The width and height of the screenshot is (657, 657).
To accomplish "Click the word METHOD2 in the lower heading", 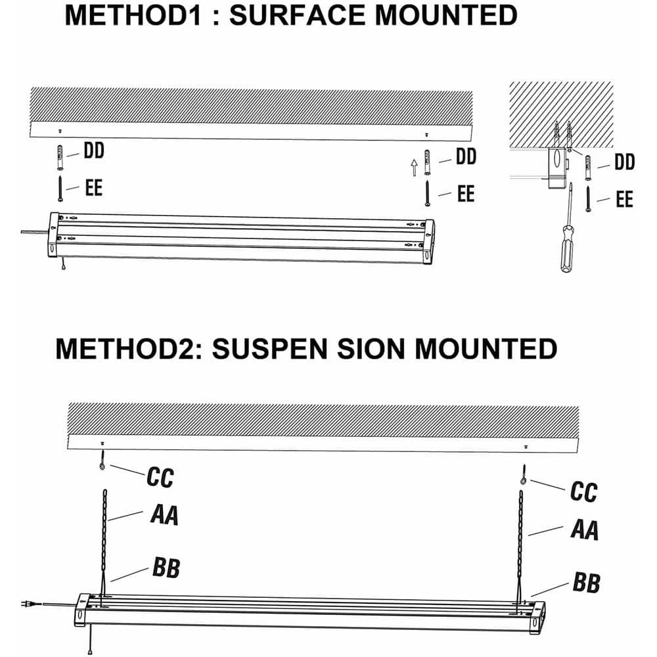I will click(x=127, y=348).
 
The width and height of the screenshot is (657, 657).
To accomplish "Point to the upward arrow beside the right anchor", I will click(x=414, y=167).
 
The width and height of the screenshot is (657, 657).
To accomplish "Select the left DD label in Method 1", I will click(x=94, y=152).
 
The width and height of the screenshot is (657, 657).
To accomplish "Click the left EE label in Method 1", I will click(x=94, y=188).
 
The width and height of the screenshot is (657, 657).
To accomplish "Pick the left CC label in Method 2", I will click(x=160, y=478).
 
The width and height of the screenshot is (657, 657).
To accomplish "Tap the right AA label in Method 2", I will click(x=584, y=529).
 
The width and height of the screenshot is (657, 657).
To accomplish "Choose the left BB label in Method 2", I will click(x=166, y=568).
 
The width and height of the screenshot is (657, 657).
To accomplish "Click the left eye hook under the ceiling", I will click(x=103, y=464).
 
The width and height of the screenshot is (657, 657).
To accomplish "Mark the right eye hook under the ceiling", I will click(x=524, y=476).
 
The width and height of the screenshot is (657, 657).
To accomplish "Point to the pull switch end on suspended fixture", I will click(x=90, y=650).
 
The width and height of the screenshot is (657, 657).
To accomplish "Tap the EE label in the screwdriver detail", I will click(x=624, y=199).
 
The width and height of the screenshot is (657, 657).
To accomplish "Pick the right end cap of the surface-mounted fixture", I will click(x=428, y=240).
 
